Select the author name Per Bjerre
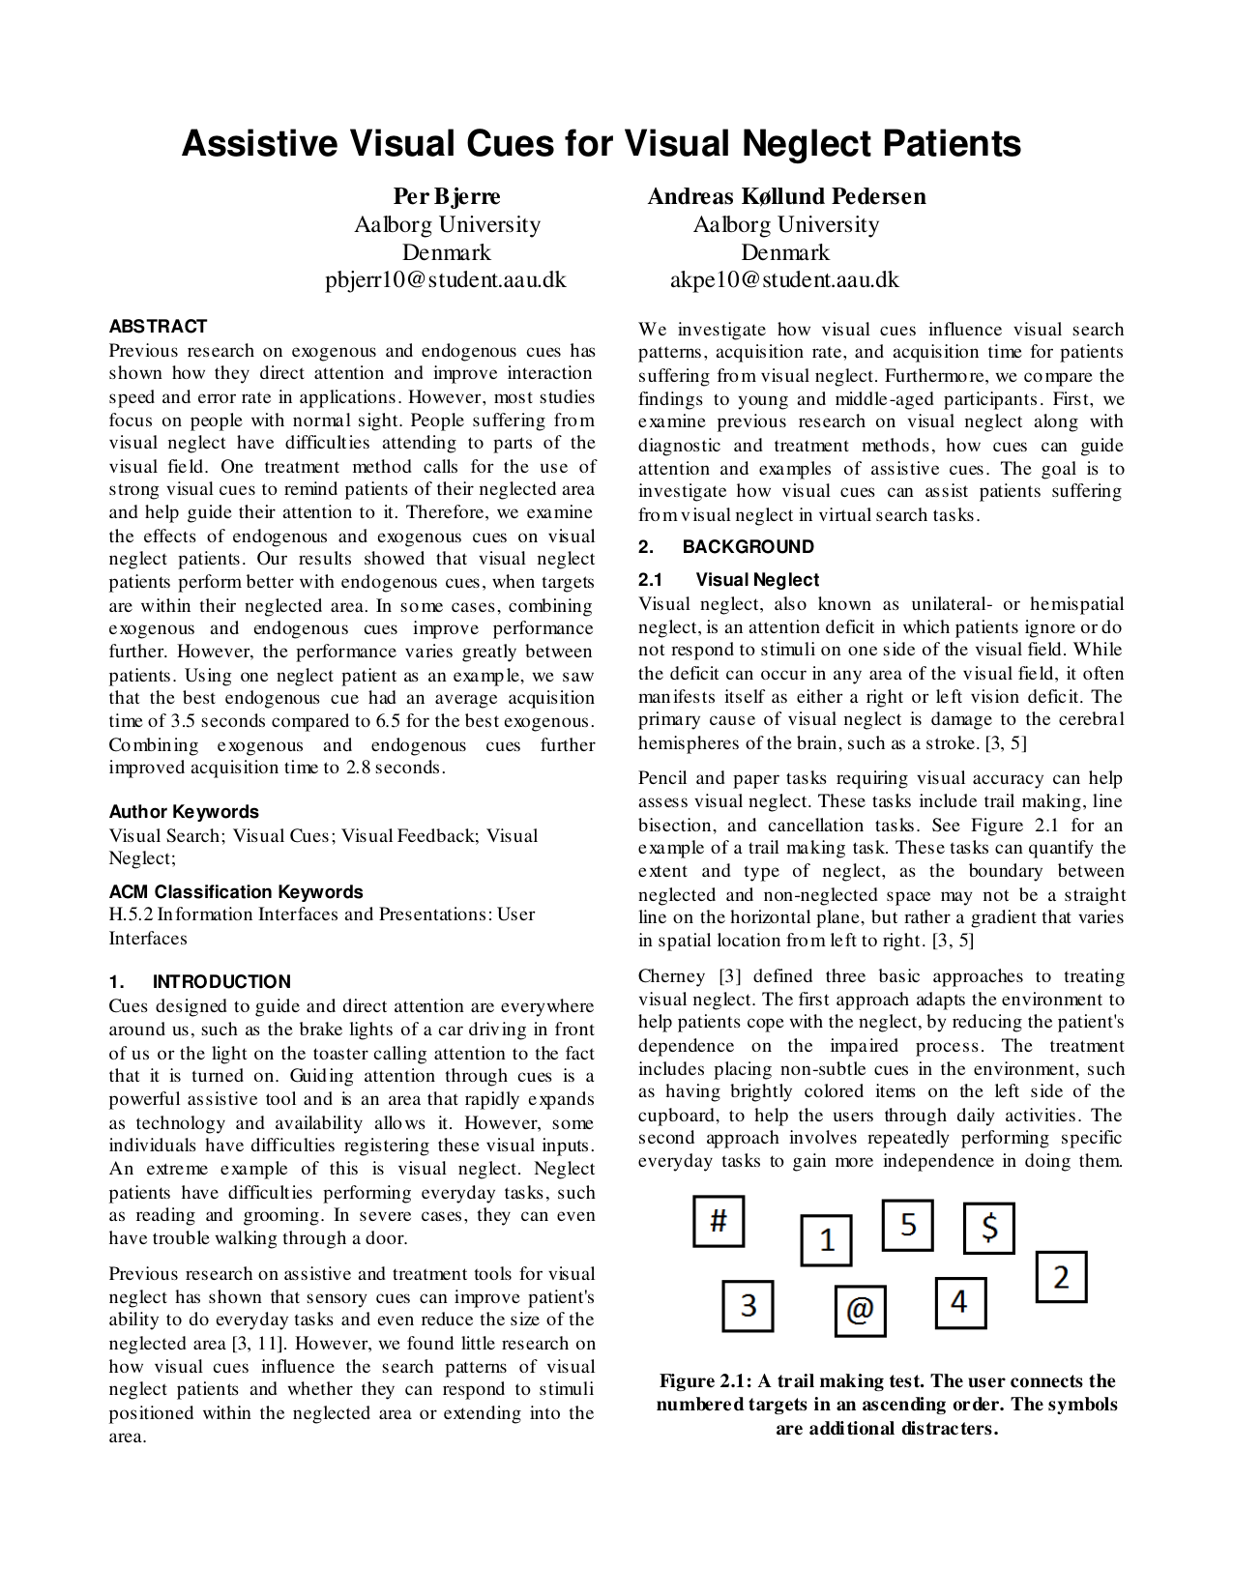447,197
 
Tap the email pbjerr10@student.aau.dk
446,280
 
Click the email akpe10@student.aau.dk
784,280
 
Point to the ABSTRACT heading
158,327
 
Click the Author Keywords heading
184,812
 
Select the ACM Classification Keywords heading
236,892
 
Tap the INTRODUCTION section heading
221,982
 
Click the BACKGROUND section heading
749,547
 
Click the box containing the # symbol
719,1221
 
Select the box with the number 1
826,1240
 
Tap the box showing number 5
907,1225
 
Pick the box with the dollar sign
989,1229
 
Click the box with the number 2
1061,1277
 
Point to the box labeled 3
748,1306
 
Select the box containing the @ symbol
860,1310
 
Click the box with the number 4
959,1302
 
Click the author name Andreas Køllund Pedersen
785,197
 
